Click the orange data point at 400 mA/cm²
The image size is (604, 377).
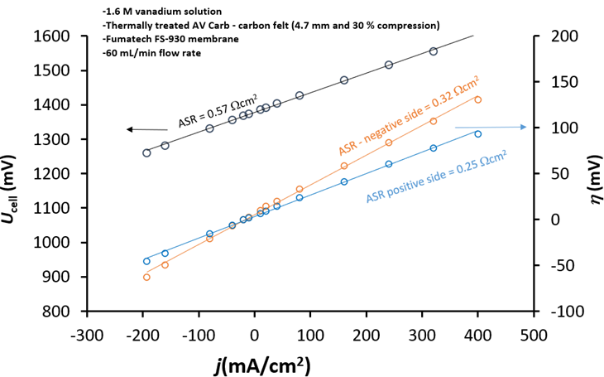pyautogui.click(x=477, y=99)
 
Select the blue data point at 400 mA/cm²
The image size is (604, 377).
pyautogui.click(x=477, y=133)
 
